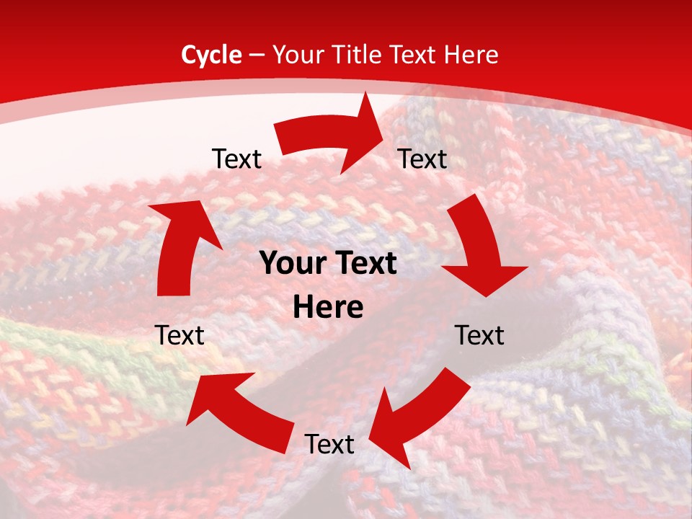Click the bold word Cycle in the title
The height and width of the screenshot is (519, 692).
(x=211, y=55)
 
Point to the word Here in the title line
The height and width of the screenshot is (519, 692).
(x=472, y=55)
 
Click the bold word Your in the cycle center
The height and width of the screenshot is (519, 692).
(x=289, y=264)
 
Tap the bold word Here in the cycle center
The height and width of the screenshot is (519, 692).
(x=328, y=308)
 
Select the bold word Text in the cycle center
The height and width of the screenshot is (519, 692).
(x=364, y=264)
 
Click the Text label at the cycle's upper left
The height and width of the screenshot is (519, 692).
(x=236, y=159)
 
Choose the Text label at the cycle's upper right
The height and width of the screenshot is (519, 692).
(x=422, y=159)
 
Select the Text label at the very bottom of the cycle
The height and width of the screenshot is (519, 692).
(x=329, y=445)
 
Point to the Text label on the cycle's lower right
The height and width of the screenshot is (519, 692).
(x=479, y=335)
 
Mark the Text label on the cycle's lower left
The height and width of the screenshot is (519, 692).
(x=179, y=335)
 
